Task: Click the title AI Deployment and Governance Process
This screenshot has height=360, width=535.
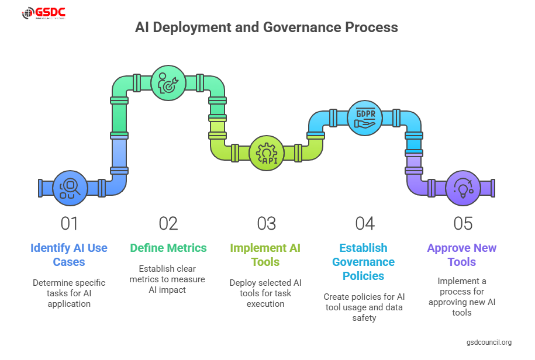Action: (267, 27)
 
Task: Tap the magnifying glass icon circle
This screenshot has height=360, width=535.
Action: (70, 188)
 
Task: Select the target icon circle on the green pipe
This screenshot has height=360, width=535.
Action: (168, 83)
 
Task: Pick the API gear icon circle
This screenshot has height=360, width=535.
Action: (267, 153)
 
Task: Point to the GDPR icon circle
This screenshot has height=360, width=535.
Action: (365, 118)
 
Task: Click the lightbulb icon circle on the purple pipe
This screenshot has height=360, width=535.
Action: (463, 188)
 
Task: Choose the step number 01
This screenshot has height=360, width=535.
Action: (69, 223)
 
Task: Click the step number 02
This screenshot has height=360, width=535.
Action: (168, 223)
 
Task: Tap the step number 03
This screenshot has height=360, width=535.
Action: (266, 223)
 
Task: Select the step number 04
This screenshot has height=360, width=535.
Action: (364, 223)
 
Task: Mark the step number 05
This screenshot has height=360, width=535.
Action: (462, 223)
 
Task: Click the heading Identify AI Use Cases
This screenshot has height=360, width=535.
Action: (69, 255)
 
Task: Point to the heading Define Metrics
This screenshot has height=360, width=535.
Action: (168, 248)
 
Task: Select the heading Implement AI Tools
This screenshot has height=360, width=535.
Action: (265, 255)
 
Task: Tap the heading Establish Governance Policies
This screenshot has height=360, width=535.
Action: (364, 262)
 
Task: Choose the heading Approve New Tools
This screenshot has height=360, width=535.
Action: (462, 255)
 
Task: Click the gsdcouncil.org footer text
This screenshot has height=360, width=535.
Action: (489, 342)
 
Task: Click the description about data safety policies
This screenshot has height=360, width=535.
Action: (364, 307)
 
